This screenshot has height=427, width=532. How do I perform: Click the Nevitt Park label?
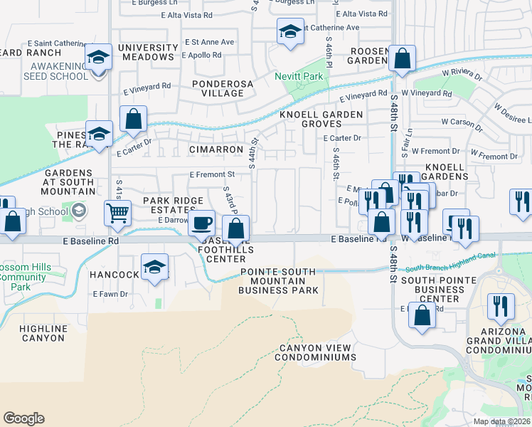[x=299, y=76]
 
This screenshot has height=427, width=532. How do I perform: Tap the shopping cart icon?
[x=117, y=212]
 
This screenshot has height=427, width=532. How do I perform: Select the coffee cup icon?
[x=201, y=222]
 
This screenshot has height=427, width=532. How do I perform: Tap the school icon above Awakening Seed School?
[x=99, y=57]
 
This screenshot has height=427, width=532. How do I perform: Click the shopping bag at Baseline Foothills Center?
[x=236, y=230]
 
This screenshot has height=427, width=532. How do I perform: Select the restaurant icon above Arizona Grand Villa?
[x=501, y=306]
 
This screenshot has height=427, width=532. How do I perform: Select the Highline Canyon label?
[x=44, y=334]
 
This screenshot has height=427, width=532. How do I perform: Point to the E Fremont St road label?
[x=211, y=174]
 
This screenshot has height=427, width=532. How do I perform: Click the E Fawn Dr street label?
[x=110, y=293]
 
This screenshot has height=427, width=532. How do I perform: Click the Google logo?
[x=23, y=418]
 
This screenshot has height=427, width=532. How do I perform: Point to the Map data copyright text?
[x=502, y=421]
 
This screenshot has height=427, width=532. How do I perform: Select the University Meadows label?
[x=147, y=51]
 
